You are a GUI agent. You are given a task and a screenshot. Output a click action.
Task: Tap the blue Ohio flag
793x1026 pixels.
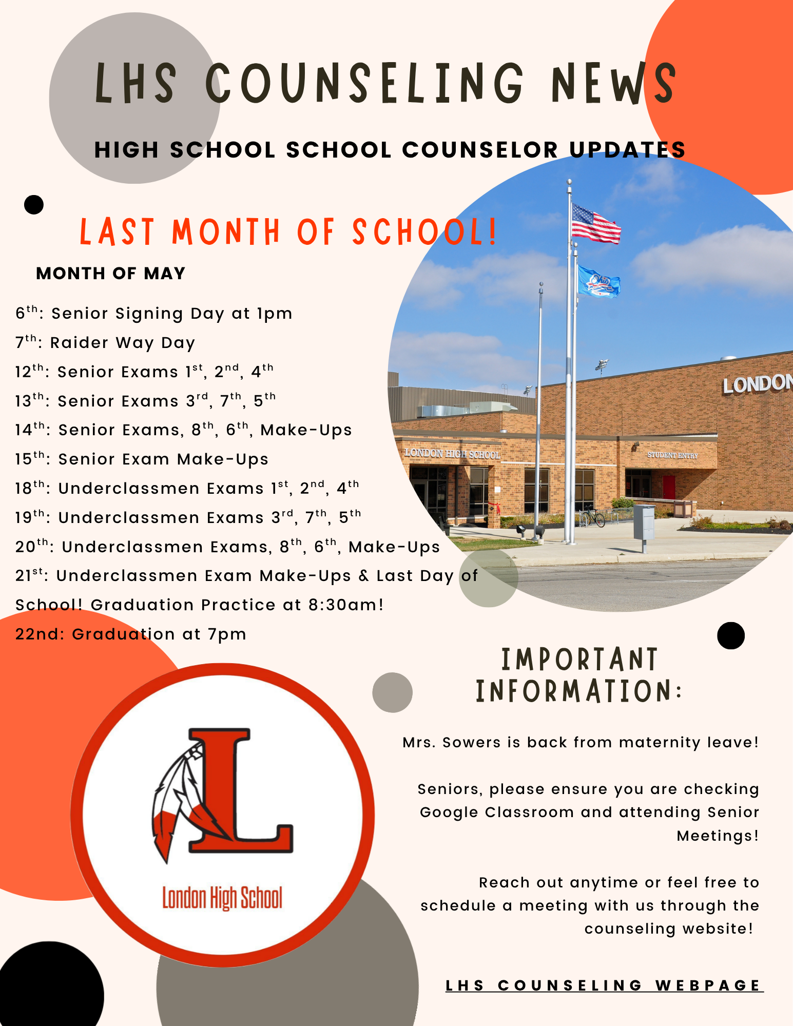point(598,281)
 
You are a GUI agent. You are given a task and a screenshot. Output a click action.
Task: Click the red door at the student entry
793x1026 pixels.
point(668,487)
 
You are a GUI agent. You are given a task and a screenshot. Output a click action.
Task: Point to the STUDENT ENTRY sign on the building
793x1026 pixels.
point(672,455)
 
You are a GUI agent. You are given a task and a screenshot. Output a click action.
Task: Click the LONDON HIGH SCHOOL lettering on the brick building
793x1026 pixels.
point(452,454)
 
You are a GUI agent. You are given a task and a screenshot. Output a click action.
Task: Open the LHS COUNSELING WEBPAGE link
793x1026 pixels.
point(604,985)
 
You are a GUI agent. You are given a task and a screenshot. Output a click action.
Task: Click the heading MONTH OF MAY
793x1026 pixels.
point(110,274)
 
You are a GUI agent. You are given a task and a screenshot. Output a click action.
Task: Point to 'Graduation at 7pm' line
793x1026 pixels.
point(131,634)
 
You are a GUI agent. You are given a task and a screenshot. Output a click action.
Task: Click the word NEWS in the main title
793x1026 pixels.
point(613,83)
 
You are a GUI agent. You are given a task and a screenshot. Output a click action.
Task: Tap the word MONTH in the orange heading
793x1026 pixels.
point(226,232)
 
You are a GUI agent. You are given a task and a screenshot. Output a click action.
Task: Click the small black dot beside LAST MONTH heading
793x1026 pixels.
point(34,205)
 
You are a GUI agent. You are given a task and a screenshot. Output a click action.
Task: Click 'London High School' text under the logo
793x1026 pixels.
point(222,898)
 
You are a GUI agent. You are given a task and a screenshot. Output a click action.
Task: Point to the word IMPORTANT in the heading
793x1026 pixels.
point(579,660)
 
